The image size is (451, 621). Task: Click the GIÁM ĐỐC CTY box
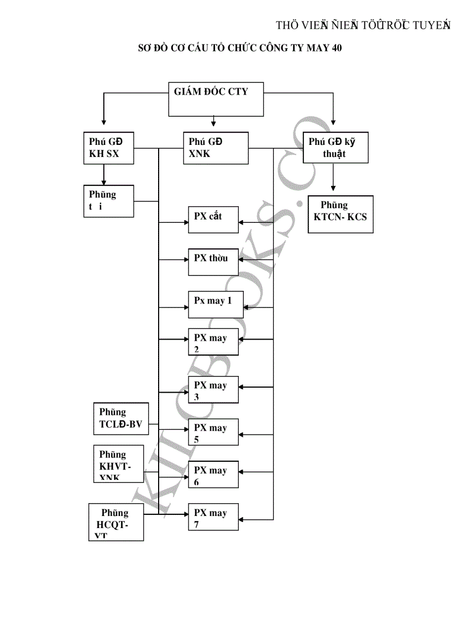[216, 100]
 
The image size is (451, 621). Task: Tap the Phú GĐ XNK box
[216, 148]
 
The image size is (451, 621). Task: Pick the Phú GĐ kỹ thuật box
[335, 148]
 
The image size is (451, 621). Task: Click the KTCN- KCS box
[340, 214]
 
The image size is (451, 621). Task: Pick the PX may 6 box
[215, 476]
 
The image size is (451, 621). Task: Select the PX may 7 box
[215, 518]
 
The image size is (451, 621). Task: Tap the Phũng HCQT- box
[116, 522]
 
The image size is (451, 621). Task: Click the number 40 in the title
[337, 48]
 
